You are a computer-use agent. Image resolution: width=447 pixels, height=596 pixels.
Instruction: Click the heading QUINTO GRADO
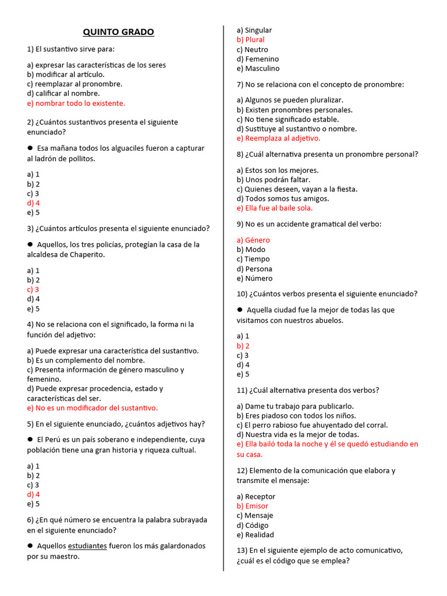[x=118, y=32]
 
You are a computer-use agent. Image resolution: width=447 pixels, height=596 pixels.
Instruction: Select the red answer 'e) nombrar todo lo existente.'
[x=76, y=103]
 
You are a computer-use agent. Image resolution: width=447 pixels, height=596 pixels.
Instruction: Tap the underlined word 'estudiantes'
[x=87, y=546]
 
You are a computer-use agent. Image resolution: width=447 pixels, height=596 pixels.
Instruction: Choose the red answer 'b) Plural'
[x=250, y=40]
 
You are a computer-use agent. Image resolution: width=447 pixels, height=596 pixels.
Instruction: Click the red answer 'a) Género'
[x=253, y=240]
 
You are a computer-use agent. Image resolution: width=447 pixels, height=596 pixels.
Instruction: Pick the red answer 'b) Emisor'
[x=253, y=506]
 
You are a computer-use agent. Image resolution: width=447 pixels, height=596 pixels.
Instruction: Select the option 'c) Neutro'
[x=252, y=49]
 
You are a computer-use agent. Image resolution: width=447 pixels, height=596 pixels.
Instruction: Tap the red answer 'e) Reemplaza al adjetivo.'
[x=278, y=139]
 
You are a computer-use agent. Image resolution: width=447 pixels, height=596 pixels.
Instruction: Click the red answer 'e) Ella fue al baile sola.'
[x=274, y=208]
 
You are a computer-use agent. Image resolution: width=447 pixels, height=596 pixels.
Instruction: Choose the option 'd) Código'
[x=253, y=525]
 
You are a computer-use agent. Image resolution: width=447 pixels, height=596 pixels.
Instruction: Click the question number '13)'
[x=242, y=550]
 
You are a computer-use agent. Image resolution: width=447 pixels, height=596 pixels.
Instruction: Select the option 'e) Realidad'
[x=255, y=535]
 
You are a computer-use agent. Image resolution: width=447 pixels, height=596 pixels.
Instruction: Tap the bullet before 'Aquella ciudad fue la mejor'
[x=240, y=310]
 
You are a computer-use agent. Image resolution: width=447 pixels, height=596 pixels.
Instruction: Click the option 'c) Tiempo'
[x=253, y=259]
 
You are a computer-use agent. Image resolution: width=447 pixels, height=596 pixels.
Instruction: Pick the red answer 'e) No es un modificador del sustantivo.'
[x=92, y=407]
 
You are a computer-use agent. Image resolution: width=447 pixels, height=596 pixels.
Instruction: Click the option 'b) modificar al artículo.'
[x=66, y=74]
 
